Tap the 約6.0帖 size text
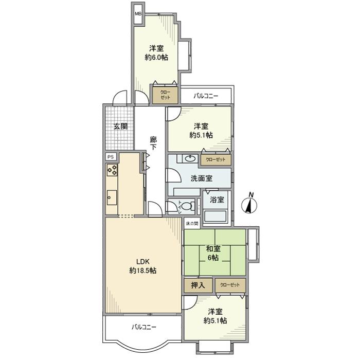tap(156, 58)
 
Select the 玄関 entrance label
tap(120, 127)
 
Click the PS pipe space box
tap(111, 157)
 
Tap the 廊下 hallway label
tap(153, 143)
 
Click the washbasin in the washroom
tap(190, 158)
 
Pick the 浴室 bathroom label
tap(217, 199)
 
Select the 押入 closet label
tap(197, 285)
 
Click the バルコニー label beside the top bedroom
tap(206, 96)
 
